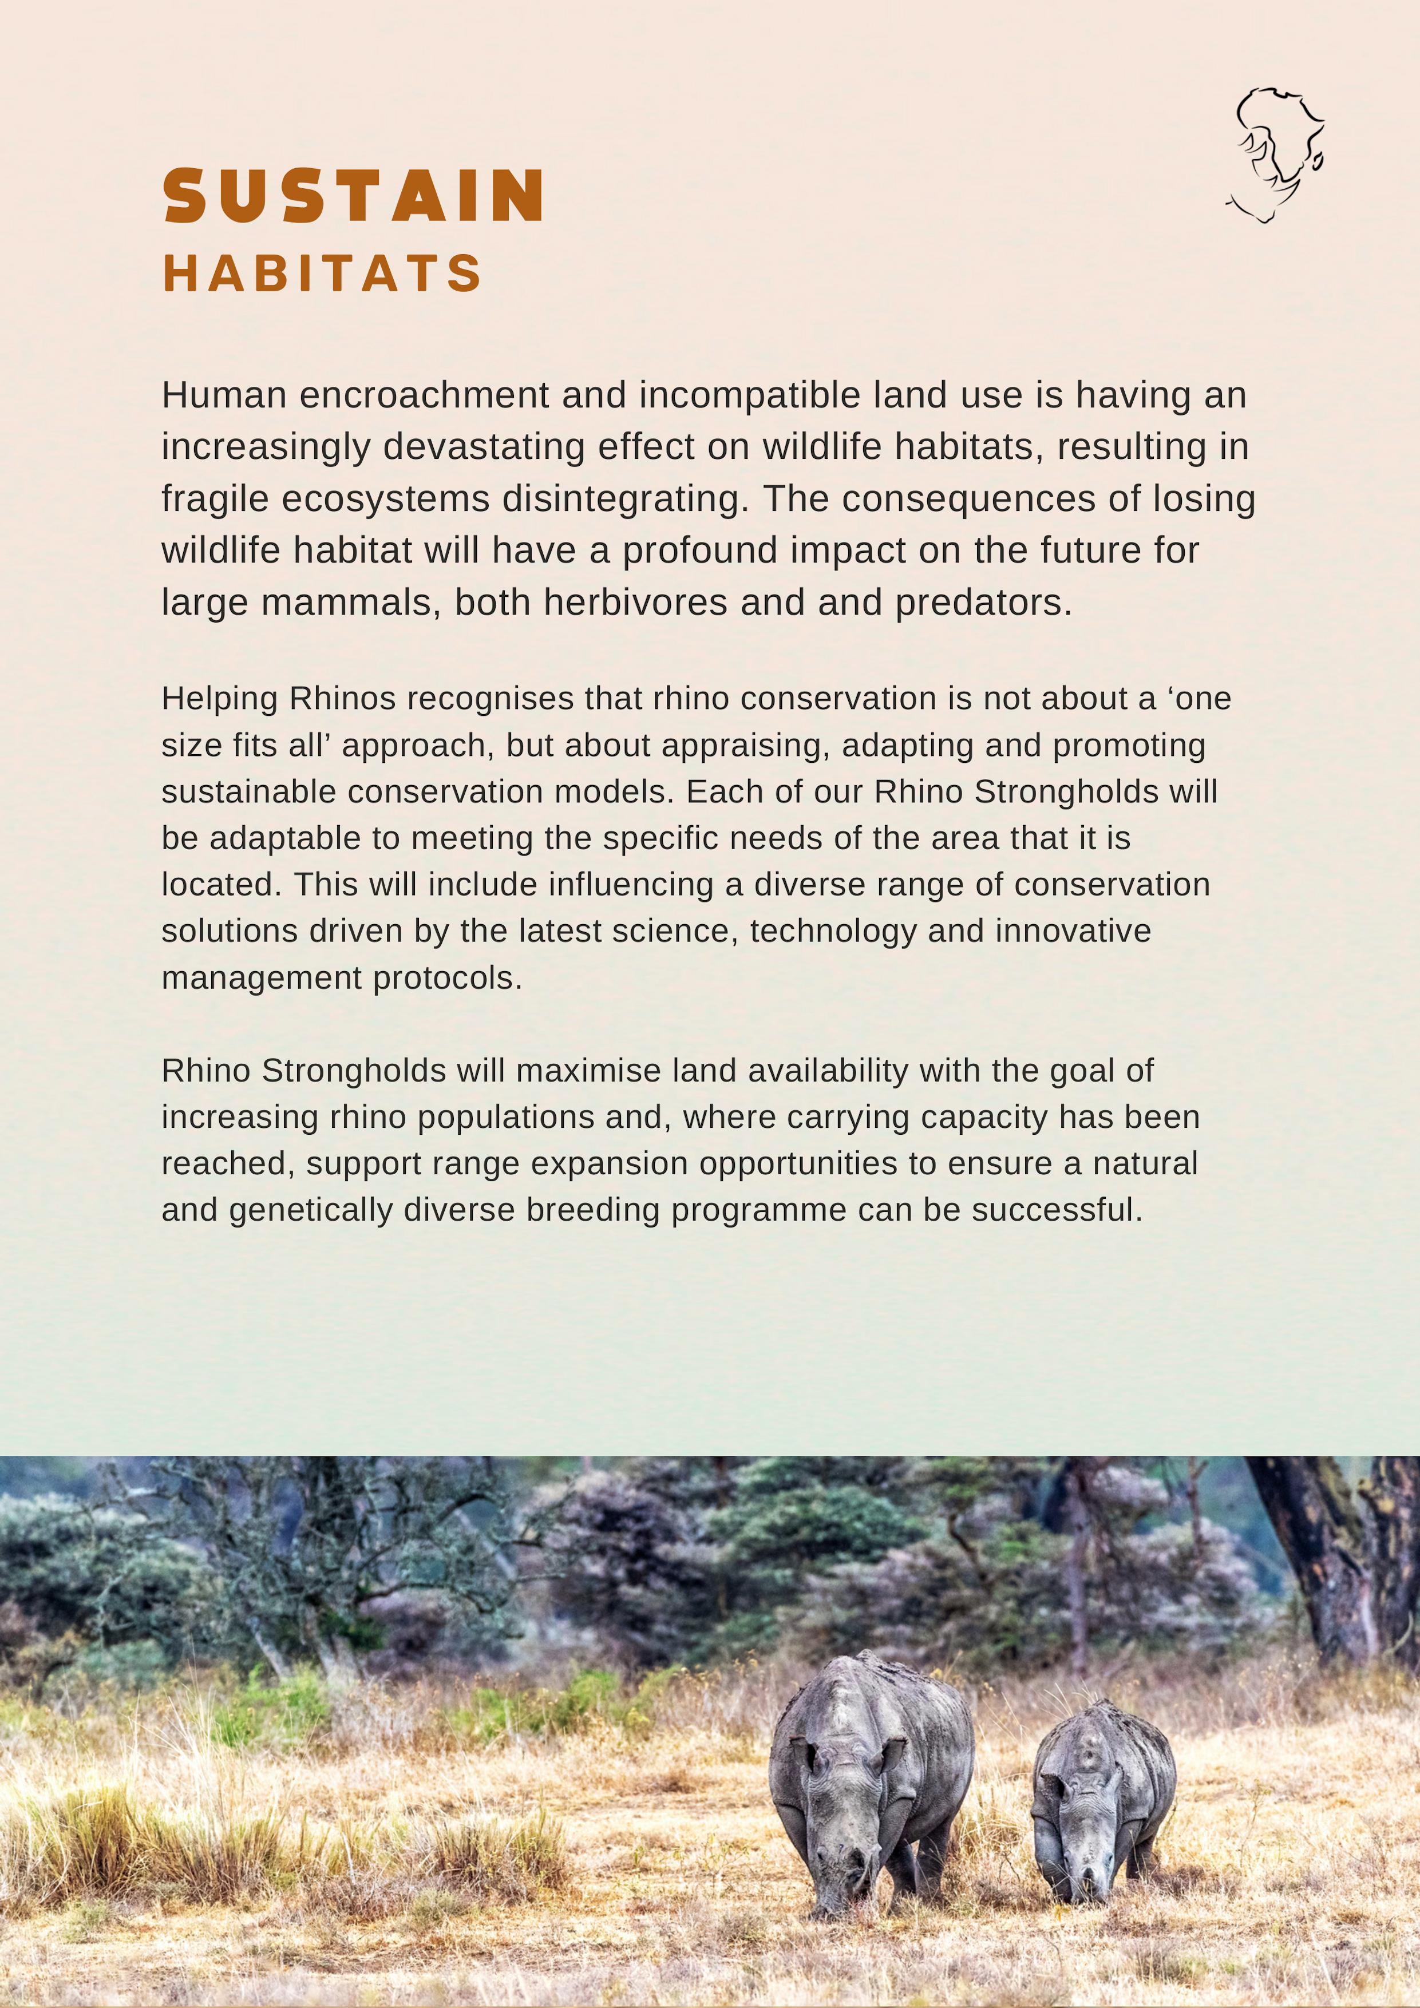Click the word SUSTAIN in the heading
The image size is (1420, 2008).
point(354,196)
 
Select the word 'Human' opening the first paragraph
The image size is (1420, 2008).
point(224,395)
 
